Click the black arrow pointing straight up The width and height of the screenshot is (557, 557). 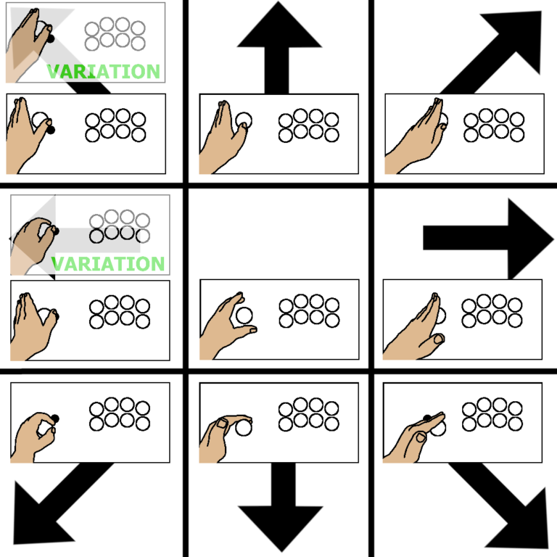[279, 44]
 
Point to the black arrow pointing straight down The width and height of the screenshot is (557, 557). [279, 508]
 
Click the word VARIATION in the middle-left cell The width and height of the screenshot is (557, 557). [109, 263]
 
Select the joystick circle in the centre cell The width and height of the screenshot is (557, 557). [244, 315]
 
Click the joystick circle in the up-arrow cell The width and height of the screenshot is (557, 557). [244, 120]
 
